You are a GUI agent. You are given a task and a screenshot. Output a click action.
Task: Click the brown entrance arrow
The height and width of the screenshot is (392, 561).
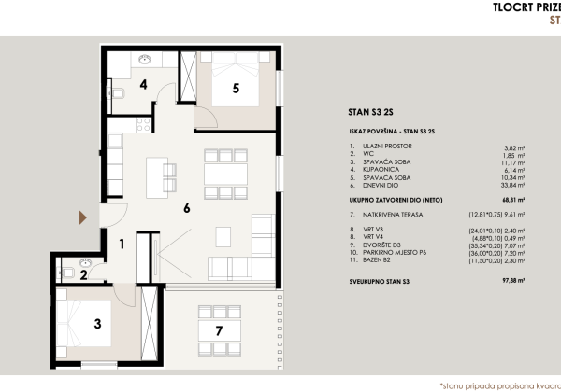[82, 217]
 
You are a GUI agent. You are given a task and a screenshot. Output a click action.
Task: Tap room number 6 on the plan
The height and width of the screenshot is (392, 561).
[187, 208]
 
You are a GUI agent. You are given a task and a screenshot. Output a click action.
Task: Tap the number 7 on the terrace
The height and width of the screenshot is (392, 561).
[218, 330]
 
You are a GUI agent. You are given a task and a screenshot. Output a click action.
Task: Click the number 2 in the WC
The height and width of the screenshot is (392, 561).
[83, 274]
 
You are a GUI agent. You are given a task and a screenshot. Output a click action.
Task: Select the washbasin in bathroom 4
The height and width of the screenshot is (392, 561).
[144, 59]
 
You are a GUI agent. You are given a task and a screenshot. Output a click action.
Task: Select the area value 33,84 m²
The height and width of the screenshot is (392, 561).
[512, 185]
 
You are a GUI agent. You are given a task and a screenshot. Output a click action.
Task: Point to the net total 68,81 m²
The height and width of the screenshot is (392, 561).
[511, 199]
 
